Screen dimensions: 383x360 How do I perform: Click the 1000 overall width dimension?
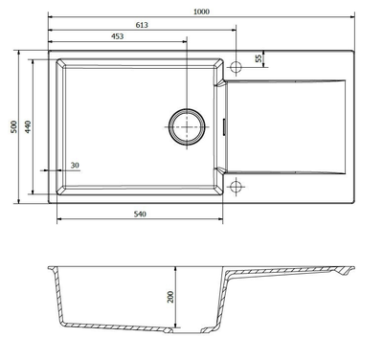coord(201,11)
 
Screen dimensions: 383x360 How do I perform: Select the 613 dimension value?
coord(142,25)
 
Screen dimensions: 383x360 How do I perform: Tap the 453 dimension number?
coord(118,36)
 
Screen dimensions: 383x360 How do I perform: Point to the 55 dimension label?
coord(259,58)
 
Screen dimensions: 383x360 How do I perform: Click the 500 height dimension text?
coord(14,126)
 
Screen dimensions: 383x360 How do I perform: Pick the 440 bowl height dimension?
coord(28,126)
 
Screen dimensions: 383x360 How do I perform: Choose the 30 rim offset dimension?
coord(75,166)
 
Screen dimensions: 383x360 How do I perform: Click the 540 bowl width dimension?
coord(140,214)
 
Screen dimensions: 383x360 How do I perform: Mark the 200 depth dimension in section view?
coord(170,297)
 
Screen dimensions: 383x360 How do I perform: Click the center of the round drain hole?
coord(187,127)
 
